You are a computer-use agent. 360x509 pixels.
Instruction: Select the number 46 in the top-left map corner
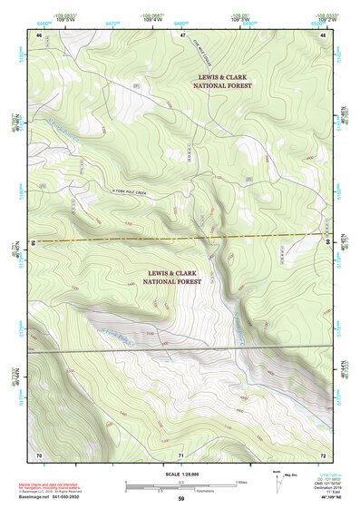click(x=39, y=35)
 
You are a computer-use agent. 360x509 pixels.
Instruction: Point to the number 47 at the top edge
click(x=181, y=35)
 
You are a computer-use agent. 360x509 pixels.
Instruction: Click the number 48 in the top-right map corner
click(x=323, y=35)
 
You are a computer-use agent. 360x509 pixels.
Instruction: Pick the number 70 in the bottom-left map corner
click(x=39, y=454)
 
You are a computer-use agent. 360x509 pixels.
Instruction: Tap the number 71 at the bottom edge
click(x=181, y=454)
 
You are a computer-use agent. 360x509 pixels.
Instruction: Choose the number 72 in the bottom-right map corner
click(x=323, y=454)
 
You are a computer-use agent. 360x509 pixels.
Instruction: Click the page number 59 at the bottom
click(x=180, y=499)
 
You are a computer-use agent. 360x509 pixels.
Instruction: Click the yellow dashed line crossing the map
click(x=180, y=238)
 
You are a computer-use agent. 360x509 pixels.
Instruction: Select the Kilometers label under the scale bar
click(x=180, y=492)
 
